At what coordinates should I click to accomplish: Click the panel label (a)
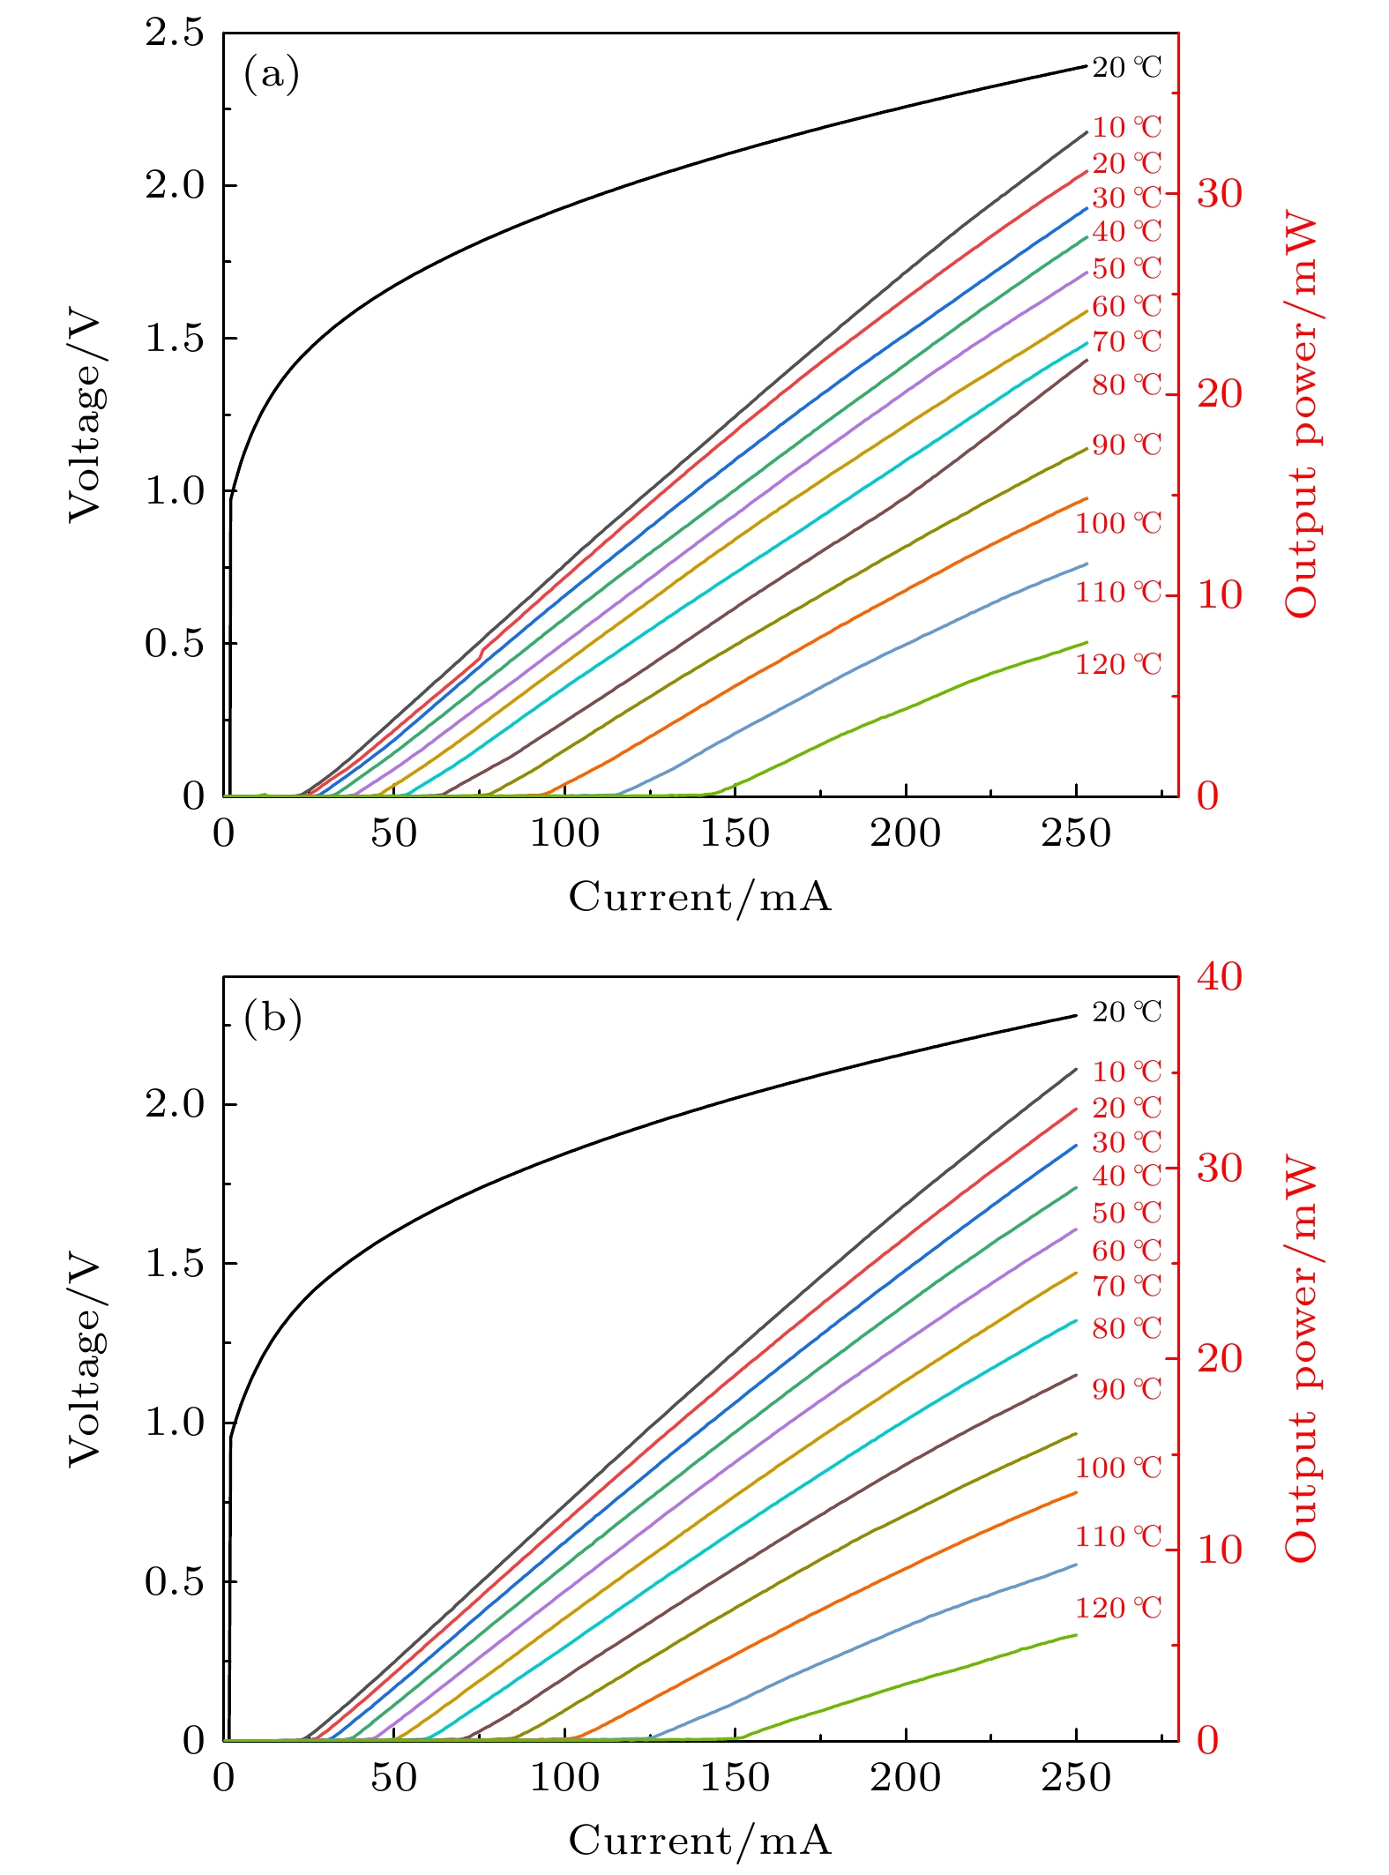[272, 74]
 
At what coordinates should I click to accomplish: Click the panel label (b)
[273, 1018]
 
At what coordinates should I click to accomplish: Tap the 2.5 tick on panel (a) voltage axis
[174, 34]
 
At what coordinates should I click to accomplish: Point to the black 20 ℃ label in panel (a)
[1127, 68]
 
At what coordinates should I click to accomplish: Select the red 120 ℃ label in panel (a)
[1118, 664]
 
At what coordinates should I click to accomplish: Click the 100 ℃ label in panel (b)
[1118, 1468]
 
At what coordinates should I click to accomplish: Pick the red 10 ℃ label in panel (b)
[1127, 1072]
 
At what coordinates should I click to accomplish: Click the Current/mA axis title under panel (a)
[700, 897]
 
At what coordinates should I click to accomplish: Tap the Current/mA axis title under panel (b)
[700, 1841]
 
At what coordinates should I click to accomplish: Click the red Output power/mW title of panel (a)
[1301, 415]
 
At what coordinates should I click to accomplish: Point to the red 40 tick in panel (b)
[1219, 977]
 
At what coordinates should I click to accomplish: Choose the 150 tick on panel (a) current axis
[735, 833]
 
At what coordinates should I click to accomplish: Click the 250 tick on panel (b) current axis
[1076, 1777]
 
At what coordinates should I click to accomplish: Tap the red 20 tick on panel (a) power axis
[1219, 394]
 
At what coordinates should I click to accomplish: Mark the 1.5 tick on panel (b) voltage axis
[174, 1264]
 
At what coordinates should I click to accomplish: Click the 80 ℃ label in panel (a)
[1127, 385]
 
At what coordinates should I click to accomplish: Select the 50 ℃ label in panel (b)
[1127, 1213]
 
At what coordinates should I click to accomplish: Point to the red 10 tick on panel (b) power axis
[1219, 1550]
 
